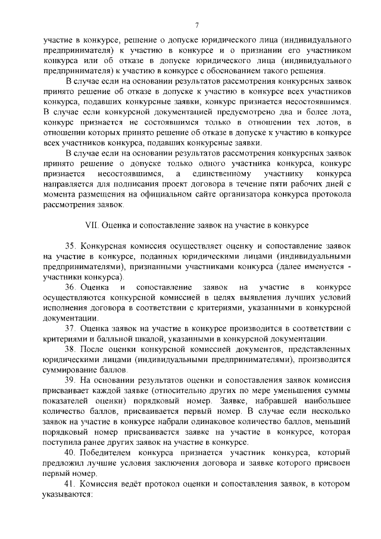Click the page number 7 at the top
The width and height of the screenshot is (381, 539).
[x=196, y=24]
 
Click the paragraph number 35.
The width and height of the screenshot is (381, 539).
[x=71, y=246]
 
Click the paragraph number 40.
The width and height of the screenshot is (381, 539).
[x=71, y=453]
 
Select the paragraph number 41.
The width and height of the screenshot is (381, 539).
[x=71, y=484]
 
